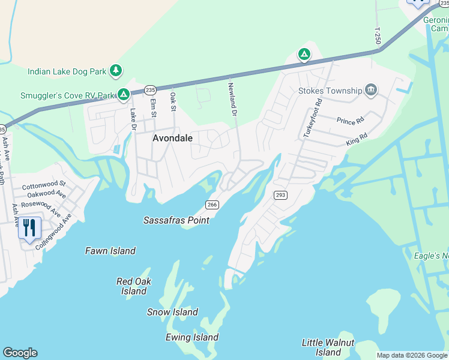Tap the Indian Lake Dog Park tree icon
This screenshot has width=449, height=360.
point(116,71)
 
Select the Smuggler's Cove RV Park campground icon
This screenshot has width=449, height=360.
point(123,94)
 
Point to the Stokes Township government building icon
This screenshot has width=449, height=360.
point(370,91)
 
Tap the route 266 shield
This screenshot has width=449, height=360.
point(211,205)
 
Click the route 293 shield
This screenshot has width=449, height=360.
point(280,195)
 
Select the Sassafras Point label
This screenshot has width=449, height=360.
point(176,220)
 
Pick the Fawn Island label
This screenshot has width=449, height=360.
point(110,251)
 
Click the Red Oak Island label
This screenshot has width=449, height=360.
point(134,286)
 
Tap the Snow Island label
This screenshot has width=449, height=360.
point(172,312)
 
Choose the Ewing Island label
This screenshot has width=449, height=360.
point(193,337)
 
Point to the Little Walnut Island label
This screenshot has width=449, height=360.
point(328,347)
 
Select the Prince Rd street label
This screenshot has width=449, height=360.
point(351,121)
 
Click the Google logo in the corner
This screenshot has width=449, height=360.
point(20,353)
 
